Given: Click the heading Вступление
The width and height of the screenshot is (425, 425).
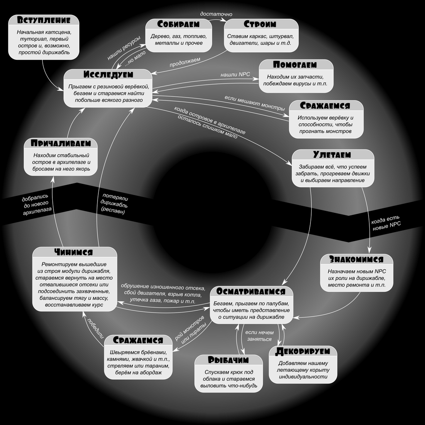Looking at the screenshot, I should point(44,21).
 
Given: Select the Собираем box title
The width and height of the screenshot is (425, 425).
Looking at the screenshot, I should point(178,24).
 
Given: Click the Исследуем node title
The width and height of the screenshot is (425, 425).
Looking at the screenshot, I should point(108,75).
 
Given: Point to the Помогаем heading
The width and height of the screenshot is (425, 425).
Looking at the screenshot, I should point(295,65).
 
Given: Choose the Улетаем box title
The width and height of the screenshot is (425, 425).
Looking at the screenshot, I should point(332,155).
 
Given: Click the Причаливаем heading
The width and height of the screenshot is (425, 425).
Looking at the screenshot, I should point(61,144).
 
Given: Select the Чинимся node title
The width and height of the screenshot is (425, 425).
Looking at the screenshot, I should point(73,252).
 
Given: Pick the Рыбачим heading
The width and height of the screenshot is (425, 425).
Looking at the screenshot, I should point(228,360).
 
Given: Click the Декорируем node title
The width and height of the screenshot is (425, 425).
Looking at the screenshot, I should point(303,351).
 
